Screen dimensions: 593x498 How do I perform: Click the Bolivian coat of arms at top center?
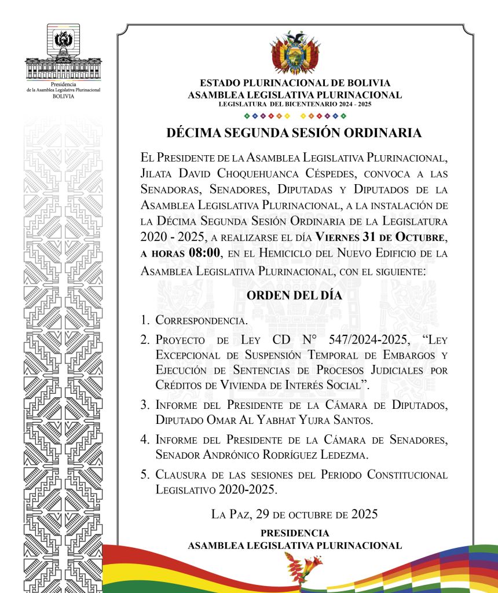(x=295, y=53)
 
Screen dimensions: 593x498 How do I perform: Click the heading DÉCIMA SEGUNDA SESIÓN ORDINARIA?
(x=294, y=133)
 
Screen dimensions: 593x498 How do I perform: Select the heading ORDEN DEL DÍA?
(x=294, y=295)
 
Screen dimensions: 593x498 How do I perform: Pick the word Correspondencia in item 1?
(x=202, y=320)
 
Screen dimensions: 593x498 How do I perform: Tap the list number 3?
(x=145, y=405)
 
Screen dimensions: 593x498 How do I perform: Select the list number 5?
(x=145, y=475)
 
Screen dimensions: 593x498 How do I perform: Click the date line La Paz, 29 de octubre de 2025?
(x=294, y=514)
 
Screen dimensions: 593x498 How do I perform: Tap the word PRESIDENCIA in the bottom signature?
(x=294, y=533)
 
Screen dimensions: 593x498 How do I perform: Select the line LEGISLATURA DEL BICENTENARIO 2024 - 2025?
(x=294, y=104)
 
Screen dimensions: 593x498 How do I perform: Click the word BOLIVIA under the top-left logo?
(x=63, y=97)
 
